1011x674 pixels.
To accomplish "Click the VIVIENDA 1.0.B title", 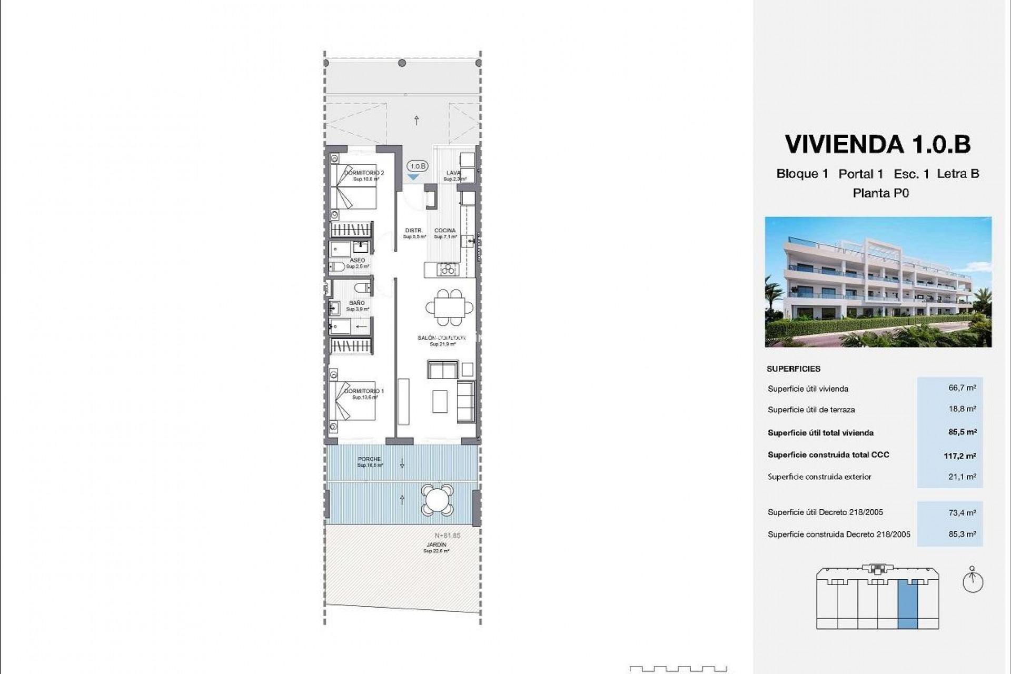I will [x=877, y=144].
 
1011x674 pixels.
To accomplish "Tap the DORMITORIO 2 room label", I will [x=364, y=173].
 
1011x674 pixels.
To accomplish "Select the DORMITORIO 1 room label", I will [x=364, y=391].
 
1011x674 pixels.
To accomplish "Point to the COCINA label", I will [x=445, y=231].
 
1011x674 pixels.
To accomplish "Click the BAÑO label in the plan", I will [x=357, y=303].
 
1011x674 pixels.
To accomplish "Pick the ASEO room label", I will [x=358, y=261].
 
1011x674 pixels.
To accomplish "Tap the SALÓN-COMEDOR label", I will [x=442, y=338].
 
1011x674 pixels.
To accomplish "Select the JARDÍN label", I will [x=437, y=545].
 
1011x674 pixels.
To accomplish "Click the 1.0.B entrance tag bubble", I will [x=418, y=166].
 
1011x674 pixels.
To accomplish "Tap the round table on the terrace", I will [x=437, y=499].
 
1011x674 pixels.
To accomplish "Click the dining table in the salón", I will [x=449, y=306].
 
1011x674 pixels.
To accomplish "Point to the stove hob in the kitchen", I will [x=449, y=270].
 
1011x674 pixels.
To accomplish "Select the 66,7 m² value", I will [x=962, y=388].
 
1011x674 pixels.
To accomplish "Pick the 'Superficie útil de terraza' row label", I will [x=811, y=410].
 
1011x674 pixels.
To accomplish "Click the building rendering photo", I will [x=878, y=282].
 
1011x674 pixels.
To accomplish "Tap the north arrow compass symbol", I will [x=973, y=581].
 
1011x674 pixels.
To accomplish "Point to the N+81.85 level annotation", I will [x=448, y=536].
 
